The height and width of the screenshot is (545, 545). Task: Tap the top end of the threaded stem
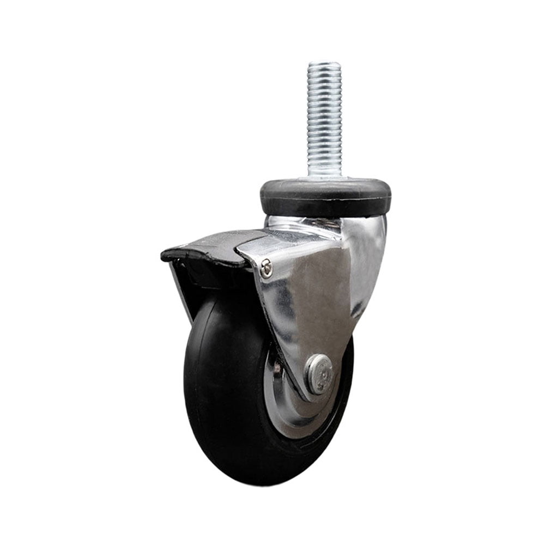point(324,64)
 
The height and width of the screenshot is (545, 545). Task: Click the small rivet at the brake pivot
point(266,268)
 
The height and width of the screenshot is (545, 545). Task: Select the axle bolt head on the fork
point(319,374)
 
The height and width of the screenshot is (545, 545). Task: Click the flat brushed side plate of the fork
point(311,305)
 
